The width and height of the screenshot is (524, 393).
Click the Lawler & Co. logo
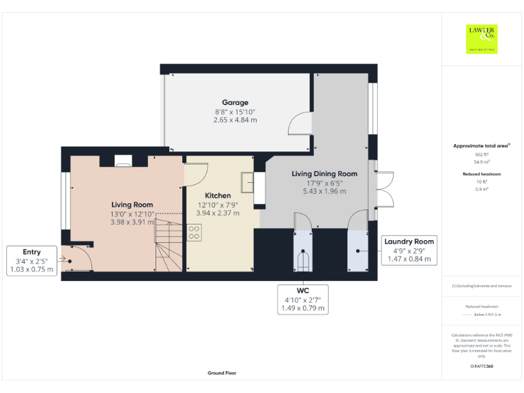(482, 38)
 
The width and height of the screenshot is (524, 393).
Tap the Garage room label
(235, 103)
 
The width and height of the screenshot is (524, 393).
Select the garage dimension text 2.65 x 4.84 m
(235, 120)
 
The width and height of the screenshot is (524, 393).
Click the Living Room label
(132, 205)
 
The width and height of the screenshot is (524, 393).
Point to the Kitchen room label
(218, 196)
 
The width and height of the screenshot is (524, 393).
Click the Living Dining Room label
(325, 174)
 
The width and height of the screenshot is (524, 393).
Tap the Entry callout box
(32, 261)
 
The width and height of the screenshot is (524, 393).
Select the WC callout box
(304, 300)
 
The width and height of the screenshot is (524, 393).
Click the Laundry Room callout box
(409, 250)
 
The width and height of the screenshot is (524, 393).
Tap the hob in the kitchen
(194, 234)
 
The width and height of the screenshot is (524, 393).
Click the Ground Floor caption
(222, 373)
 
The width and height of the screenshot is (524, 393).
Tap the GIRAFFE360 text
(482, 366)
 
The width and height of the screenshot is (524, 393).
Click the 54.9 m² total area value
(482, 162)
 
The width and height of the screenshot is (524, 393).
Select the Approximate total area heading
(482, 146)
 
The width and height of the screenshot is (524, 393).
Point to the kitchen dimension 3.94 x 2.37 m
(218, 213)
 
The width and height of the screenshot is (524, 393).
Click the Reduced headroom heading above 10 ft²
(482, 174)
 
